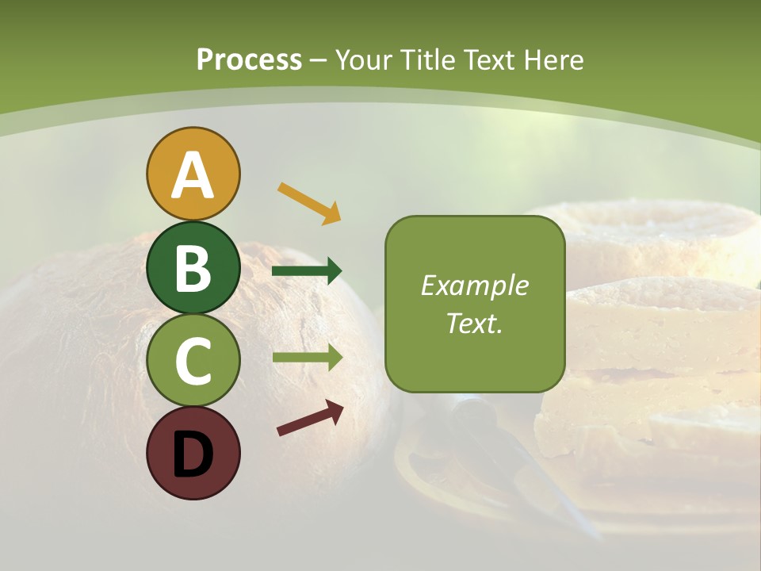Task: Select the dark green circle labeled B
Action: [x=193, y=268]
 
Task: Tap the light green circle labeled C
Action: [x=193, y=361]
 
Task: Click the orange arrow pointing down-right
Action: [x=309, y=201]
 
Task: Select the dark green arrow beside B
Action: [x=307, y=271]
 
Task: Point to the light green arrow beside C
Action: [x=307, y=357]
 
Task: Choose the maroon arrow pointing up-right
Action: [x=310, y=418]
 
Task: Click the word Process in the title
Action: [x=249, y=60]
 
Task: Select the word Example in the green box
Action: [x=474, y=285]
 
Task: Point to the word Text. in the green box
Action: [x=474, y=323]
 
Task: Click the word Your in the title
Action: [x=364, y=59]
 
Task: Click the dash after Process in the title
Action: [x=318, y=60]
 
